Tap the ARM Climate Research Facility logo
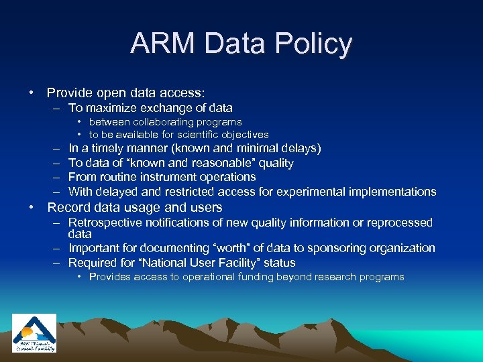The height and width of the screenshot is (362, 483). click(34, 333)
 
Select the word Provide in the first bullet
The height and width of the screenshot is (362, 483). click(70, 93)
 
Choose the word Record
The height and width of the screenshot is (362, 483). click(67, 208)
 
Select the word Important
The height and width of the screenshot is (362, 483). click(96, 248)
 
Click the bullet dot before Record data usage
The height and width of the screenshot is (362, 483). click(32, 208)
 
